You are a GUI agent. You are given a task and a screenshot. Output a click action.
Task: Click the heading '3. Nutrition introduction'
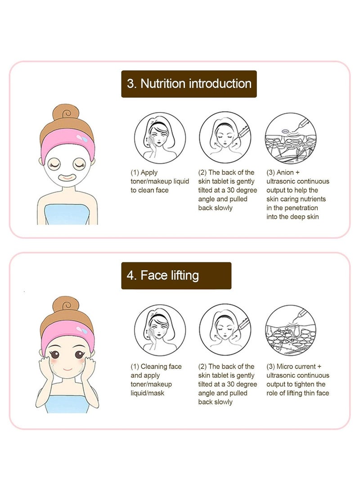[x=189, y=84]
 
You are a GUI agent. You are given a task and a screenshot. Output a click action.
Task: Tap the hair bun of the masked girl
[x=66, y=113]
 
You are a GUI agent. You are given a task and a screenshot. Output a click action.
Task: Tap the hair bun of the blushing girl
[x=66, y=305]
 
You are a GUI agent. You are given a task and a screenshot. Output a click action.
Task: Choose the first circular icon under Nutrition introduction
[x=160, y=138]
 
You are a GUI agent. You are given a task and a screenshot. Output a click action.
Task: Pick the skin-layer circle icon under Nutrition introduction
[x=290, y=138]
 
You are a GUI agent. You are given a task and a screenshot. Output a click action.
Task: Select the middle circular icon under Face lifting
[x=225, y=329]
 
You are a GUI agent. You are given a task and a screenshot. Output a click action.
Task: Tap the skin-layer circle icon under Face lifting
[x=290, y=329]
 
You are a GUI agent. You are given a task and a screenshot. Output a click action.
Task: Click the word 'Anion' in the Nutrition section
[x=285, y=172]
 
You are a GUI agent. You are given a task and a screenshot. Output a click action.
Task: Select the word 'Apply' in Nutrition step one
[x=149, y=172]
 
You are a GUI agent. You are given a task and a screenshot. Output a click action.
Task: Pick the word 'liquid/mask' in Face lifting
[x=148, y=393]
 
